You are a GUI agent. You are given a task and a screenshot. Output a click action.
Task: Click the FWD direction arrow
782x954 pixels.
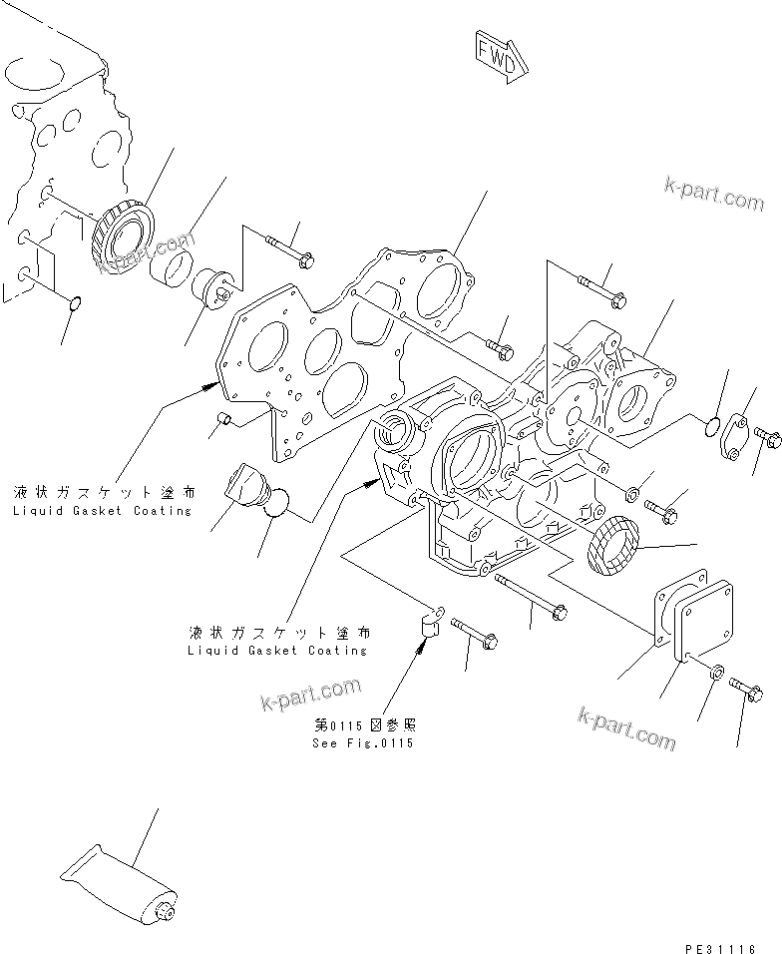click(496, 57)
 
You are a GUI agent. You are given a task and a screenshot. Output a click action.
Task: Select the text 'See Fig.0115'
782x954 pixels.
click(362, 743)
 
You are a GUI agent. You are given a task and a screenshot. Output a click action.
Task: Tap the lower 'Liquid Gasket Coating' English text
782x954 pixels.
click(276, 651)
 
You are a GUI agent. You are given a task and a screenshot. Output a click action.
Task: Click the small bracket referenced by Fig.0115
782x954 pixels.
click(432, 626)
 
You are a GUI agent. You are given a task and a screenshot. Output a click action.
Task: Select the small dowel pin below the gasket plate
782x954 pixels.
click(226, 418)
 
